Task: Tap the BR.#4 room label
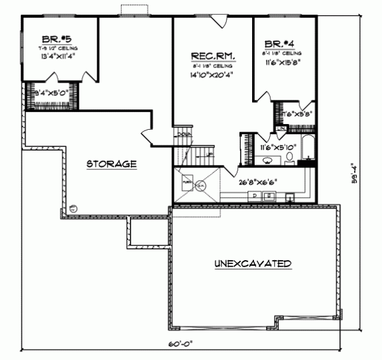[279, 43]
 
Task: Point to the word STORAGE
[111, 164]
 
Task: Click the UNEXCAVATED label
[253, 263]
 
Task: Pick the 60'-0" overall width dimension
[181, 343]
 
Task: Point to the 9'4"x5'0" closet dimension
[50, 93]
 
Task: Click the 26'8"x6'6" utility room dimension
[257, 183]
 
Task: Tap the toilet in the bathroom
[290, 158]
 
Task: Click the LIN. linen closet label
[279, 128]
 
